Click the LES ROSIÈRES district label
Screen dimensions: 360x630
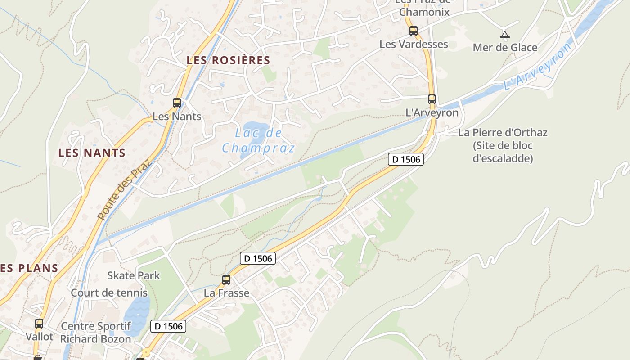[x=228, y=60]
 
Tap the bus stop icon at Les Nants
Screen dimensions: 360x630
[x=177, y=103]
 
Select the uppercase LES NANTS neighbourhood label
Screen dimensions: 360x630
[x=92, y=153]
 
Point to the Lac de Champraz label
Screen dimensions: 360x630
[x=258, y=140]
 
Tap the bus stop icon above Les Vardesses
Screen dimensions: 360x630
[x=414, y=31]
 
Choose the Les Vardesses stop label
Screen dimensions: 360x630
[x=414, y=44]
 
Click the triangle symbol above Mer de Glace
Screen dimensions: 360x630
[x=505, y=35]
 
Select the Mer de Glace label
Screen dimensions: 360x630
[x=505, y=47]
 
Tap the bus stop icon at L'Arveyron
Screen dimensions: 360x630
[x=432, y=99]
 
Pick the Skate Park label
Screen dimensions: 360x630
[x=134, y=275]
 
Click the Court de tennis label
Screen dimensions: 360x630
[x=109, y=292]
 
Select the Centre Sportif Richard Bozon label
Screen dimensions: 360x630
[x=96, y=333]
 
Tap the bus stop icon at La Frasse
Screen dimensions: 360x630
[x=226, y=280]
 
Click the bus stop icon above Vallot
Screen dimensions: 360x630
[x=39, y=323]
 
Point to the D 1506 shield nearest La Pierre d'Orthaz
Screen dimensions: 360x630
[x=406, y=159]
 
